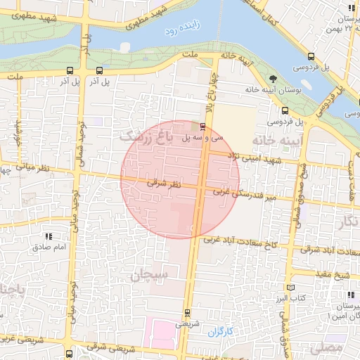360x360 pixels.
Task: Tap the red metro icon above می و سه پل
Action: tap(203, 127)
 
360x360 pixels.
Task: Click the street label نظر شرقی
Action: tap(164, 184)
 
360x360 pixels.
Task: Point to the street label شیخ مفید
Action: tap(342, 275)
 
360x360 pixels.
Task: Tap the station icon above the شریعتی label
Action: tap(186, 312)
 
